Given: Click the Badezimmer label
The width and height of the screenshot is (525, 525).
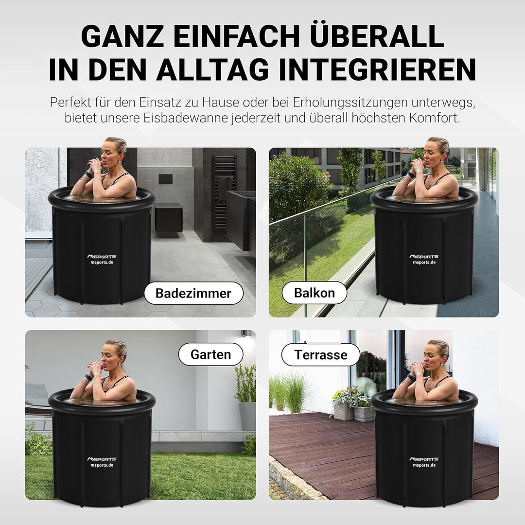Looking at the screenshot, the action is coord(193,293).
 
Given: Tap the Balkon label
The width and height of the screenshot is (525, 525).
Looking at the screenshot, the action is coord(314,293).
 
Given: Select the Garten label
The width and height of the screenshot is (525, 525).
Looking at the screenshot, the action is coord(210,354).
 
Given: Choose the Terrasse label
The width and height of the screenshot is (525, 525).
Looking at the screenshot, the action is coord(320,354).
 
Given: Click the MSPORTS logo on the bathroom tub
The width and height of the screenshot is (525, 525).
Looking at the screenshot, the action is coord(102,257).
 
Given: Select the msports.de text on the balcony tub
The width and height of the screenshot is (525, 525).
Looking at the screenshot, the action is coord(424,262).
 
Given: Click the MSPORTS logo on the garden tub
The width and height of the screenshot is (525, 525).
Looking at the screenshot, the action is coord(102,459).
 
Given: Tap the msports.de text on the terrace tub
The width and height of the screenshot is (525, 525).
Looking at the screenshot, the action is coord(424,465).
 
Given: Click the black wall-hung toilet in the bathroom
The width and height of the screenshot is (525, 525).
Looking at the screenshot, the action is coord(168,217).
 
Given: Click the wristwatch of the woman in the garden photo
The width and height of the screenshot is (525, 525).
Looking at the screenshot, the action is coord(89,377).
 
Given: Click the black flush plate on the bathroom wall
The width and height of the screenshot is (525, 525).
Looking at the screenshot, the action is coord(165,179).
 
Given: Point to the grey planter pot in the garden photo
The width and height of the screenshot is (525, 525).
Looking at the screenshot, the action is coord(247,416).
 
